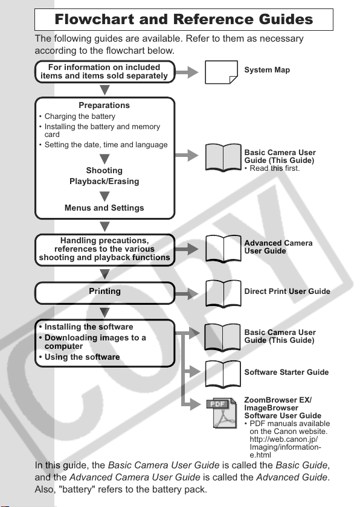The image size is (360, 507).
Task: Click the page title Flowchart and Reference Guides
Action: click(184, 19)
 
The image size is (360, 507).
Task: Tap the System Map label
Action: click(267, 70)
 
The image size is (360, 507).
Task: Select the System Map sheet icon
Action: click(221, 72)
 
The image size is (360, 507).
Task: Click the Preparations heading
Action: click(104, 105)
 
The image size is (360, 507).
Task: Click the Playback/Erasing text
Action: click(104, 182)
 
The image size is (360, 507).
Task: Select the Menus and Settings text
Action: click(104, 208)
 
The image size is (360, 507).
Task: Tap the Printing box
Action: click(104, 293)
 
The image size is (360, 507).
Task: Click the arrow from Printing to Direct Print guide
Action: click(187, 294)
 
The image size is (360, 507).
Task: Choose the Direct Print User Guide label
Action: click(288, 292)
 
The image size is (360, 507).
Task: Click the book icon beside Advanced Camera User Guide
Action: click(223, 249)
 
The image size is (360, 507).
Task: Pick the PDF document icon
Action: click(222, 413)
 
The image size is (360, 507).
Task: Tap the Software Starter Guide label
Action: click(286, 372)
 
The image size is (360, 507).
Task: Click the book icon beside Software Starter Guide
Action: click(222, 374)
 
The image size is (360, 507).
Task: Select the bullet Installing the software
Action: click(86, 327)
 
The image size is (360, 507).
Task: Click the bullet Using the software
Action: click(79, 357)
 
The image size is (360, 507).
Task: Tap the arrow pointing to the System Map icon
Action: click(187, 72)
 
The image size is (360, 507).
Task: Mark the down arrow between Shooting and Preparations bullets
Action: click(104, 159)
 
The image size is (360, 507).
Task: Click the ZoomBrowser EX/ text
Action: click(278, 400)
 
